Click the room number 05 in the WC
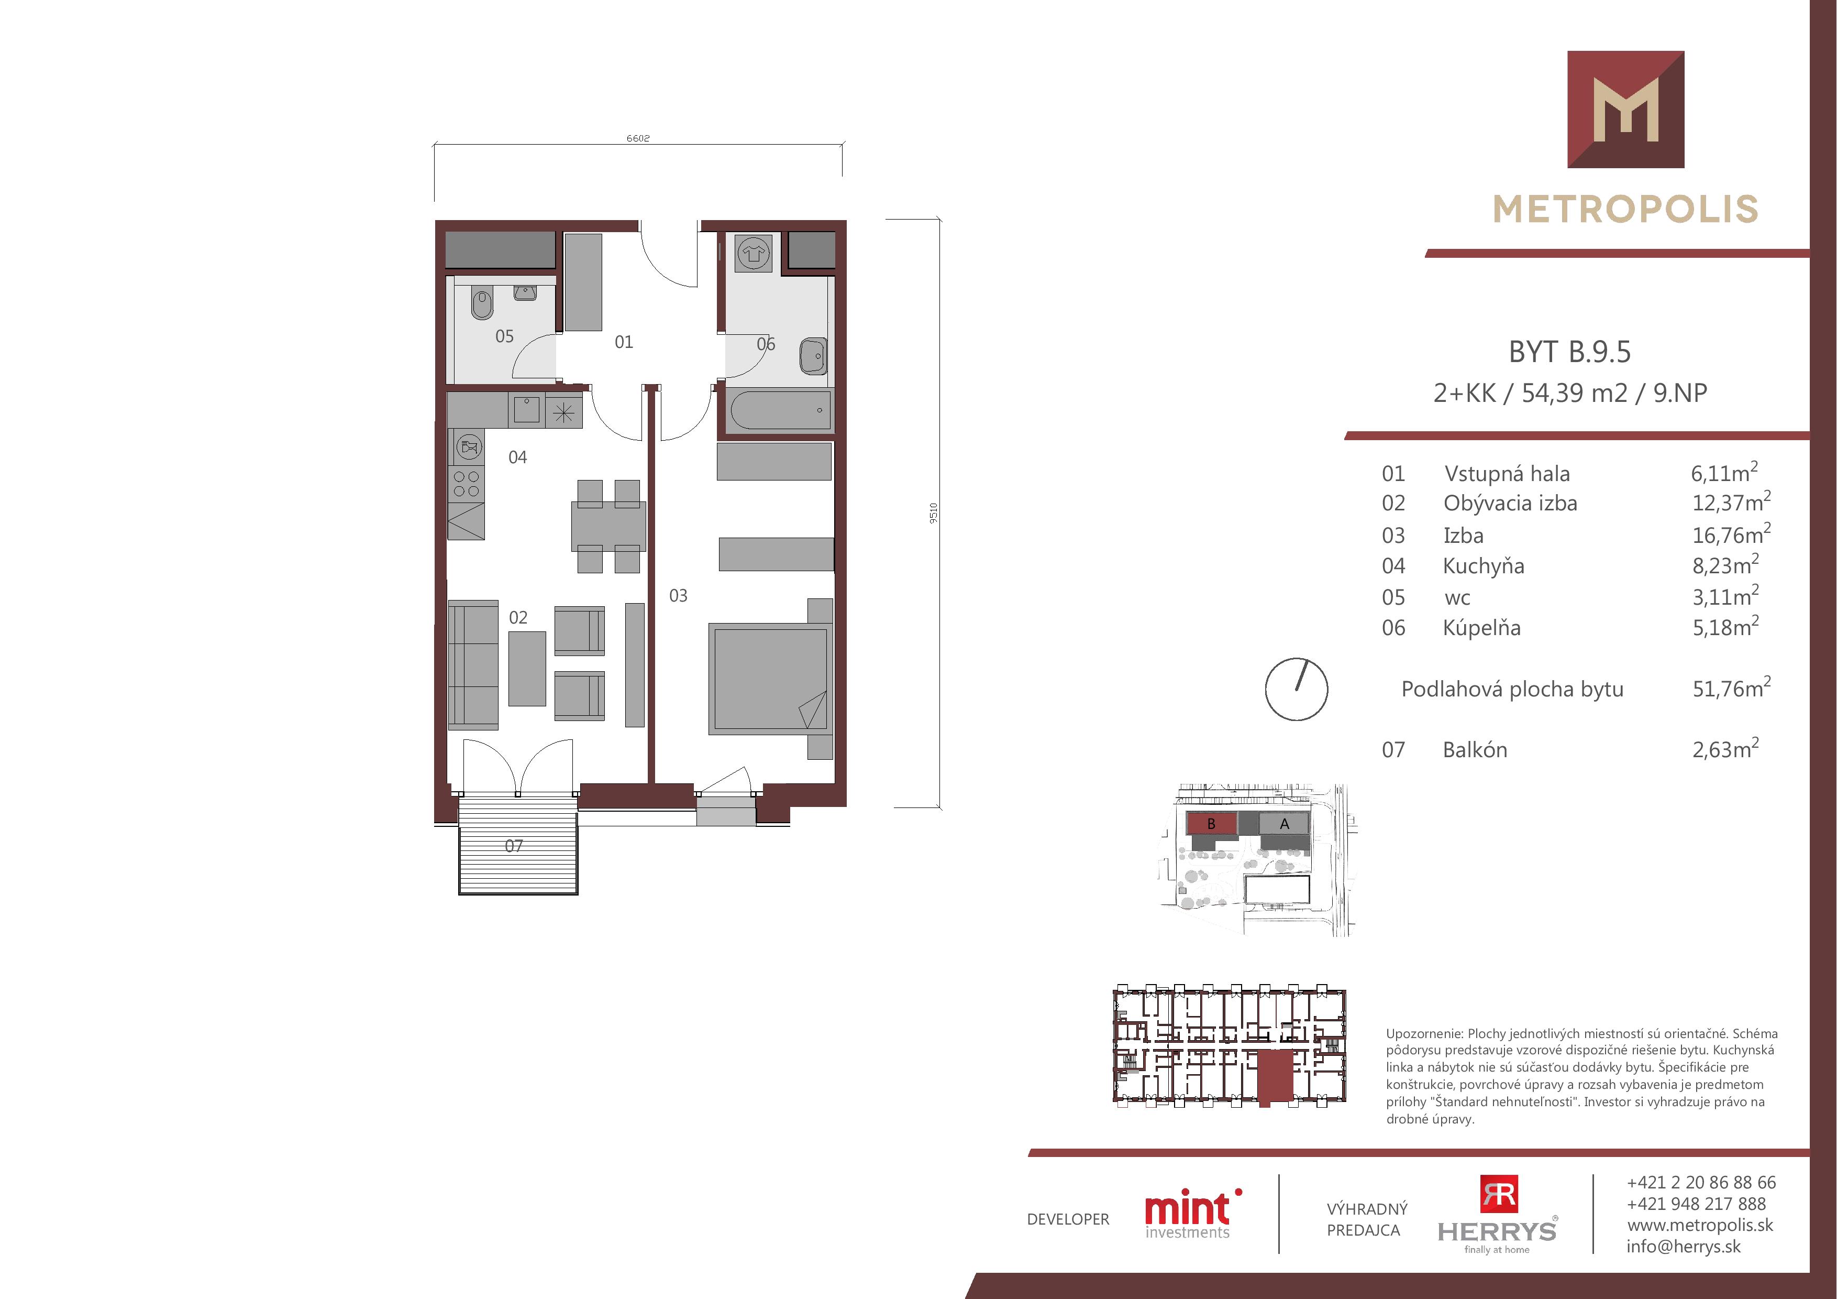point(504,336)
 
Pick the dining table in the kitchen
point(608,527)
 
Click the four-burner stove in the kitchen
point(467,484)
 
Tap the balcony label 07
point(514,846)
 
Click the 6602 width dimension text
point(638,138)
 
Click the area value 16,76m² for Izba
point(1731,534)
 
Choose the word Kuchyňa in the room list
point(1484,566)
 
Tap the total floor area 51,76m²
point(1731,689)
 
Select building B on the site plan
point(1211,824)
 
